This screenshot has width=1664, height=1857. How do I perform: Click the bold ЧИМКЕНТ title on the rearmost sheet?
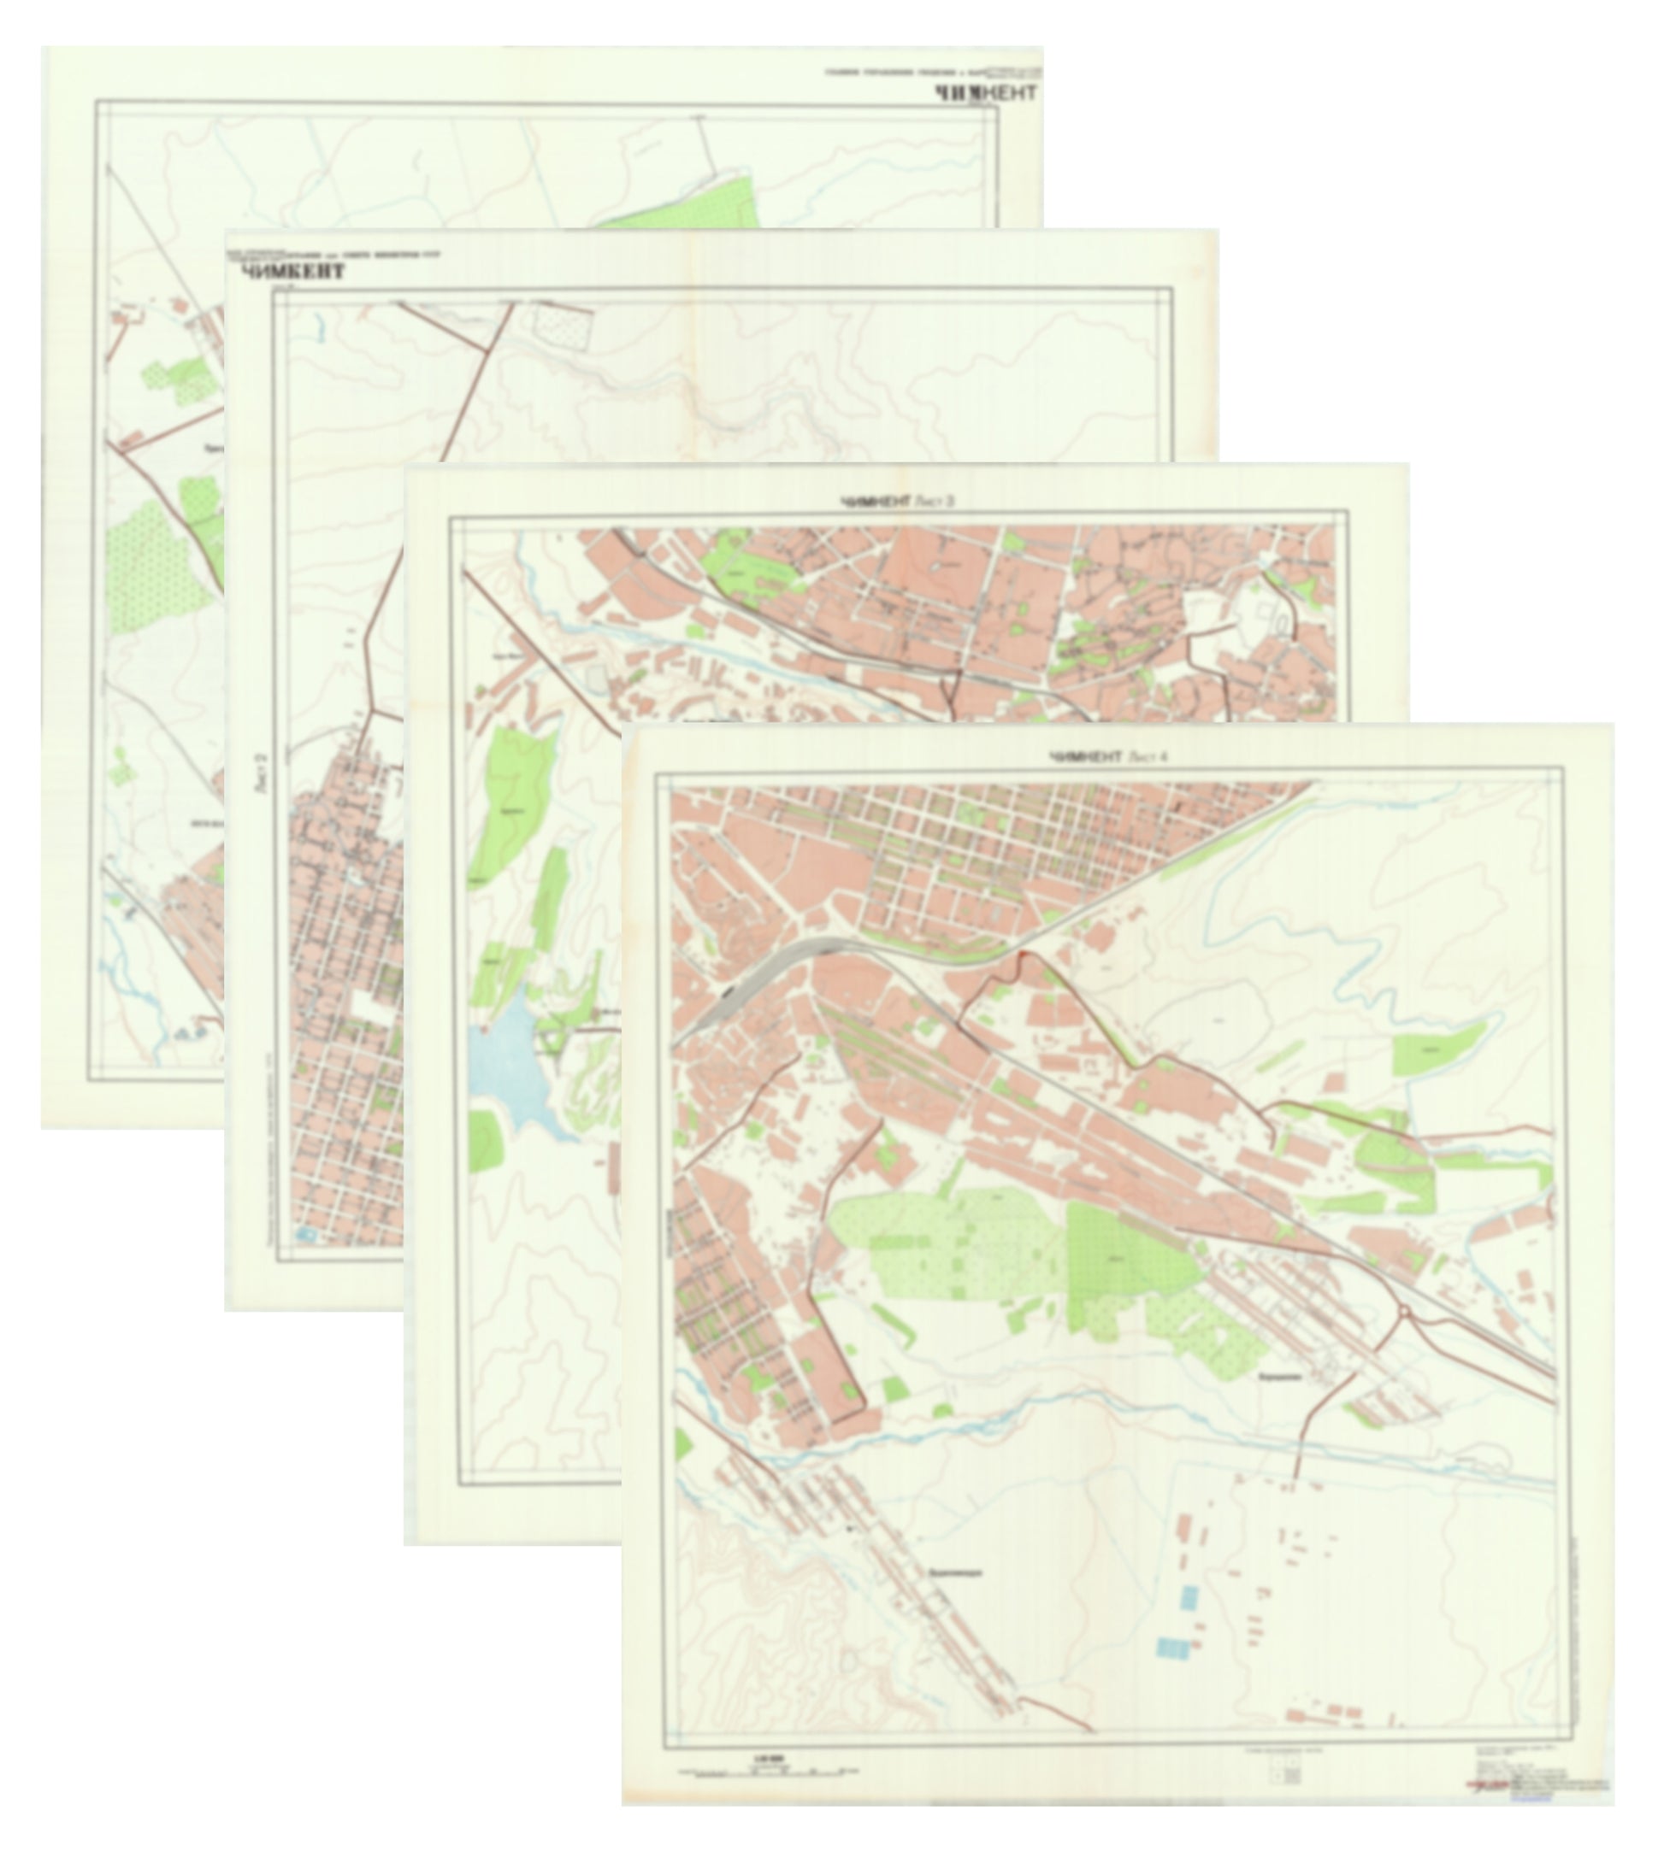985,92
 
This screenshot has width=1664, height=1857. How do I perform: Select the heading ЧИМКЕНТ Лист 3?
897,502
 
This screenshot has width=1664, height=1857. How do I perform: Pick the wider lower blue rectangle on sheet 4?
1174,1648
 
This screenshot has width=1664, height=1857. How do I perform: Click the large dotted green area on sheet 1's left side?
146,567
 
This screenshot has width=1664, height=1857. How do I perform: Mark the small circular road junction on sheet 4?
1404,1313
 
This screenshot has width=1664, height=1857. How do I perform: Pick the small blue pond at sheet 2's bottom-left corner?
304,1235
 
